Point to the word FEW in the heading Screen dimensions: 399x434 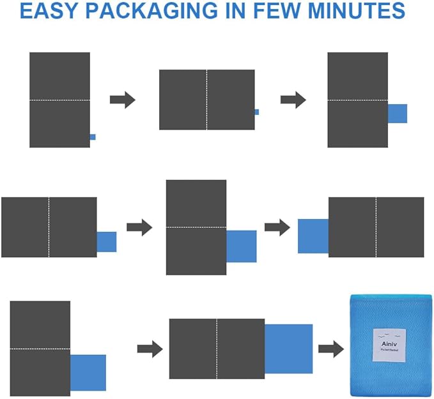tap(295, 11)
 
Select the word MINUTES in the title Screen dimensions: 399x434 tap(366, 11)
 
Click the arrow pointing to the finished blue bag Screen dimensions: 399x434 tap(331, 349)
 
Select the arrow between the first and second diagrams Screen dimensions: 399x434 tap(122, 100)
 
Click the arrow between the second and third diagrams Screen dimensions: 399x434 tap(293, 100)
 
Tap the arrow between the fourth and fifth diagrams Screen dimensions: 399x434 tap(139, 227)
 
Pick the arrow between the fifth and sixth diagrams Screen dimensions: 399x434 tap(277, 227)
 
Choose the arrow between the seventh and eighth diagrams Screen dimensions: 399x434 tap(150, 348)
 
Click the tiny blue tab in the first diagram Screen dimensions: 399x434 tap(93, 137)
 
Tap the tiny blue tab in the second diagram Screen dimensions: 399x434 tap(257, 112)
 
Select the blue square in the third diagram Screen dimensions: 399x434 tap(397, 114)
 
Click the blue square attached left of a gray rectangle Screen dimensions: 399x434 tap(313, 236)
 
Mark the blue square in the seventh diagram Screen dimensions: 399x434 tap(88, 373)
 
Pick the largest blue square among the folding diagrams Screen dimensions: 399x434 tap(288, 349)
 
